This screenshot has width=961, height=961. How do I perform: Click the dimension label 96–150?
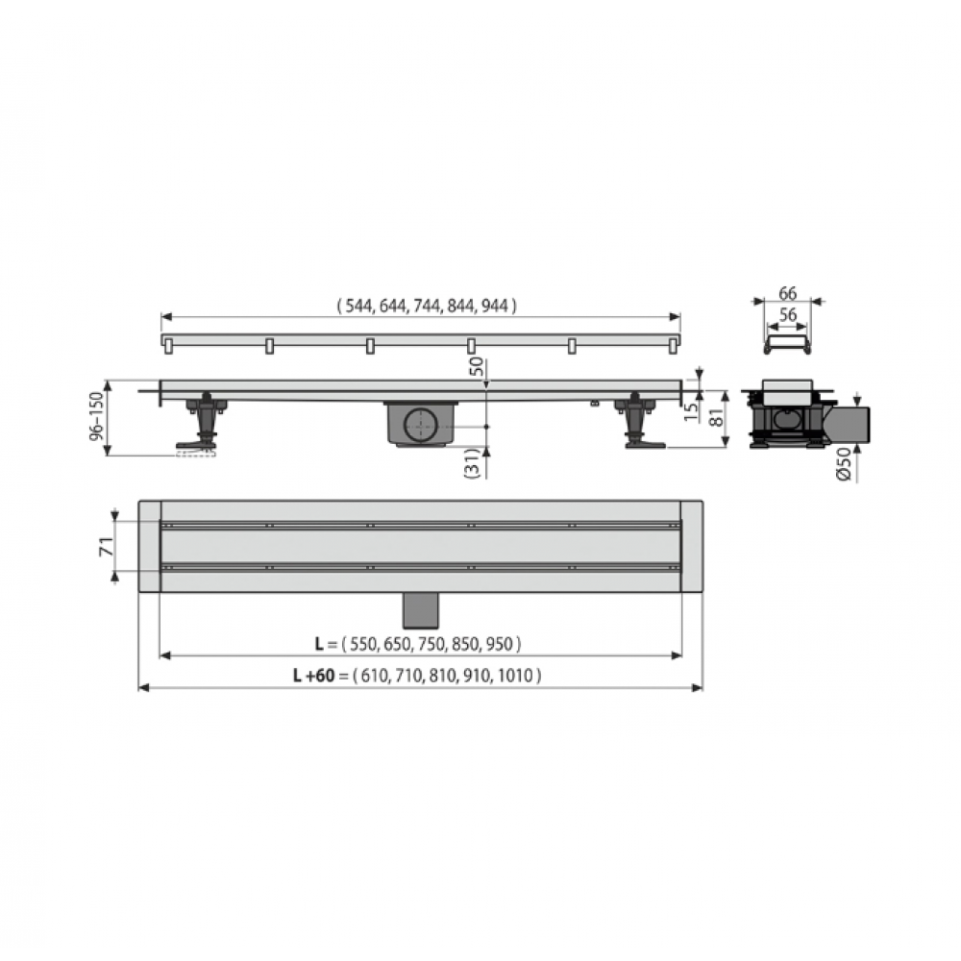97,417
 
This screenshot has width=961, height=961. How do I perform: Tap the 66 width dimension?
788,293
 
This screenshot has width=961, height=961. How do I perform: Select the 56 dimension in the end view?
788,314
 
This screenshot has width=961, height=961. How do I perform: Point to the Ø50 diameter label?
845,464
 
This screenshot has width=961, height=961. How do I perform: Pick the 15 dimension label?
691,411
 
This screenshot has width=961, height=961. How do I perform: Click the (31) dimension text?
472,463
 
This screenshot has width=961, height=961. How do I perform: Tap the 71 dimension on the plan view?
106,546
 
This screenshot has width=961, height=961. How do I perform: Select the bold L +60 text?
313,676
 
